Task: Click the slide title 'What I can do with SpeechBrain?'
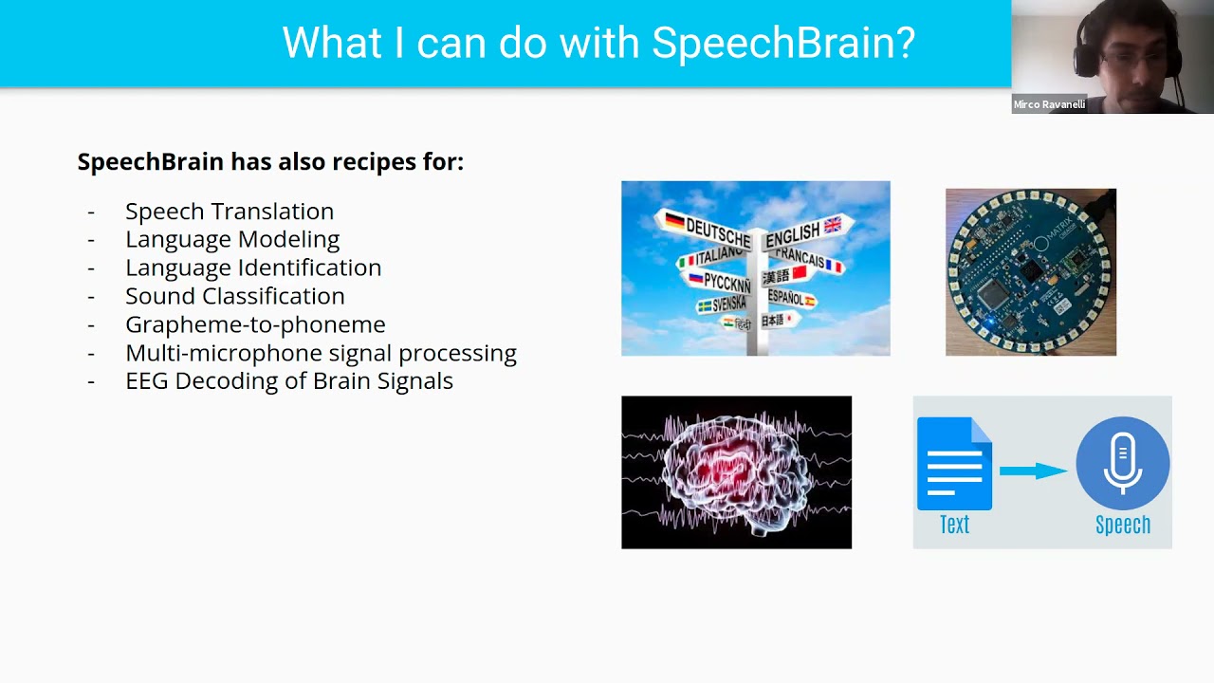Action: point(598,43)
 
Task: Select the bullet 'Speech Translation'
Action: point(230,211)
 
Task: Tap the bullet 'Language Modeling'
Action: point(232,239)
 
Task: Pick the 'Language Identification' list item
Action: point(253,268)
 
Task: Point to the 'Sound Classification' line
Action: point(234,296)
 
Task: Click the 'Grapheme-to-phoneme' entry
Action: point(255,324)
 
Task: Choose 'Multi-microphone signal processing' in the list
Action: point(321,353)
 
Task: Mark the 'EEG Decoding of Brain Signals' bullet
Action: point(289,380)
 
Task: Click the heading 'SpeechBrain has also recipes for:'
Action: point(270,161)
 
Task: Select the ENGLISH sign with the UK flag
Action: point(801,231)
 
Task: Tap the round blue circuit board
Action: point(1030,271)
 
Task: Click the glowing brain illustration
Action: point(736,471)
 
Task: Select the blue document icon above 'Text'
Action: point(954,464)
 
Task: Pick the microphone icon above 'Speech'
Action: point(1122,464)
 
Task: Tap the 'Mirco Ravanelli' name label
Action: point(1049,104)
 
